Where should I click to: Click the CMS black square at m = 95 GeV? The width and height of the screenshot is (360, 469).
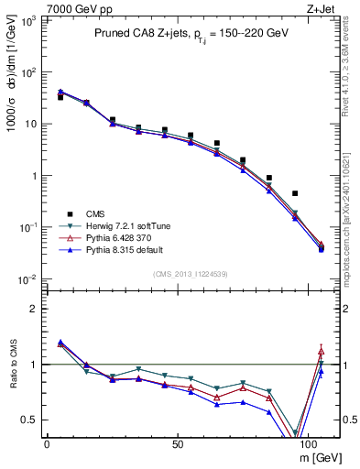295,193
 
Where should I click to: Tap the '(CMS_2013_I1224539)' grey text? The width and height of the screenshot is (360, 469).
191,273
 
